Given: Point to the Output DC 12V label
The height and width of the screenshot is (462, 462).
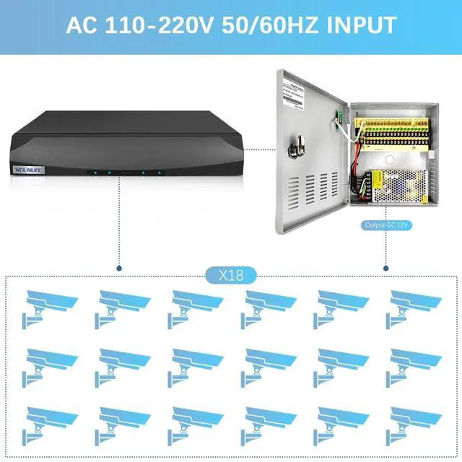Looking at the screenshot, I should [387, 225].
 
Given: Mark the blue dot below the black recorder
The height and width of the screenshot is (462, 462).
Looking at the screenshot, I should [120, 268].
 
